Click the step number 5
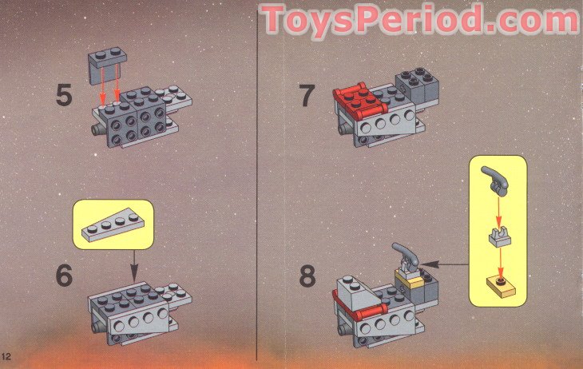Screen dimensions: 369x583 coord(64,97)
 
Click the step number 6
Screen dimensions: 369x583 coord(64,276)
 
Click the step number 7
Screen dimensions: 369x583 coord(307,97)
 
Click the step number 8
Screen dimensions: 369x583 coord(307,277)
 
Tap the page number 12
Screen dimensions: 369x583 coord(6,354)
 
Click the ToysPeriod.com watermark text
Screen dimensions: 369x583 coord(418,20)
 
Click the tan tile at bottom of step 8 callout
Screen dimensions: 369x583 coord(498,284)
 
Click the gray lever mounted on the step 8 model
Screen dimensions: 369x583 coord(406,255)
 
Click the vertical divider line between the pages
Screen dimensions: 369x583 coord(256,184)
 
